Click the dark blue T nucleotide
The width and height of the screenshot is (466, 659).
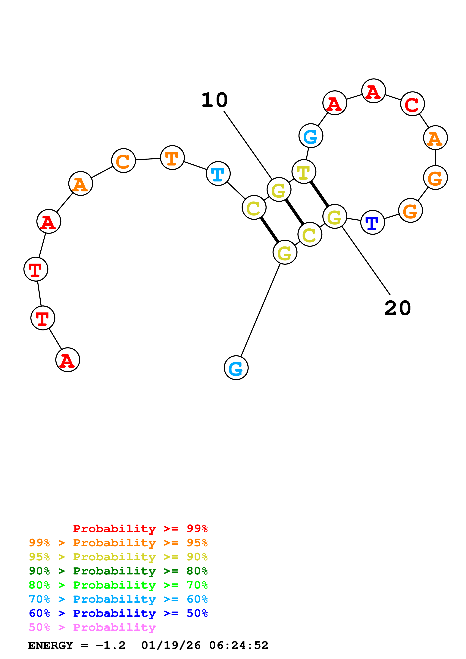click(372, 222)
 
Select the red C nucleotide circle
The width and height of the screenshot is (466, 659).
click(412, 104)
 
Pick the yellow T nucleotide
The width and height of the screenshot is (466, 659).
click(304, 172)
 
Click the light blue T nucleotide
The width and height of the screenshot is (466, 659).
click(218, 173)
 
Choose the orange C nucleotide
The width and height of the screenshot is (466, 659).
click(124, 161)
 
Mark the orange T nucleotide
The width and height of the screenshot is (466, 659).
click(172, 158)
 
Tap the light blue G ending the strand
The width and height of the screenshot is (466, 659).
click(236, 368)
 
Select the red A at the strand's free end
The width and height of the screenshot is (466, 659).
click(68, 360)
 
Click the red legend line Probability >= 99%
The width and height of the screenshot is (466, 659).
click(140, 529)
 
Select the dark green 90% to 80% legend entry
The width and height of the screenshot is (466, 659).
click(118, 571)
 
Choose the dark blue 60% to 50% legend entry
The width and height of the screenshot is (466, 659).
click(118, 613)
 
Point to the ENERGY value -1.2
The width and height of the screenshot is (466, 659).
click(111, 645)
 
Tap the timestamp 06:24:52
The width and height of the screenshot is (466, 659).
click(238, 645)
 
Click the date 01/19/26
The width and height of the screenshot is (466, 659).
click(171, 645)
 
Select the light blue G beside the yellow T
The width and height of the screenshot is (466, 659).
click(311, 136)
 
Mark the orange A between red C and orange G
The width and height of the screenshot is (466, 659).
click(435, 138)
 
